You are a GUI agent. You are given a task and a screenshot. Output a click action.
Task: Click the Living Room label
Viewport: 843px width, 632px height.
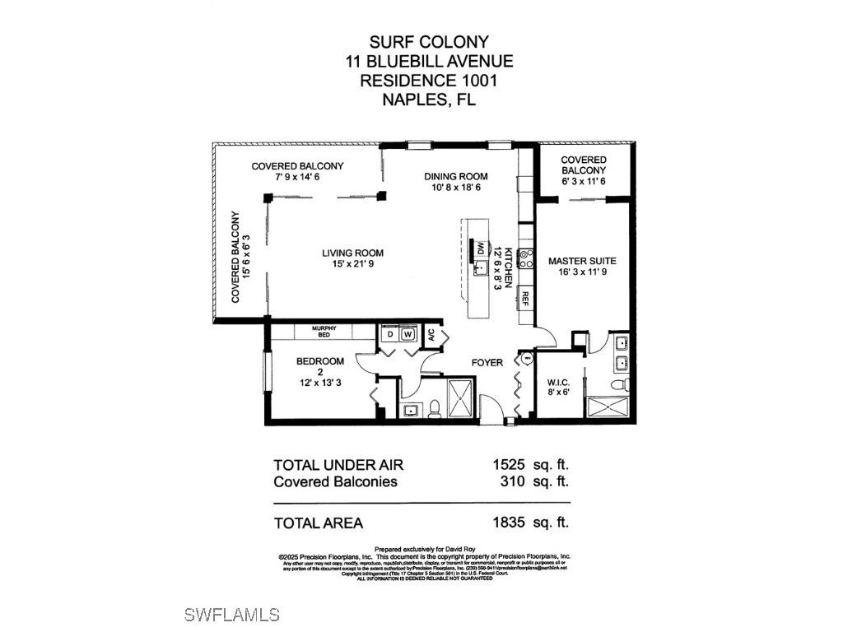click(352, 253)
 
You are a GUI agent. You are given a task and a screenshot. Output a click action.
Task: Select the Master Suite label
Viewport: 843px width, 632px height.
click(582, 261)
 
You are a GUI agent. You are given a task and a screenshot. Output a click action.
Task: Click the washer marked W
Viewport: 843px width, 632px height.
click(406, 335)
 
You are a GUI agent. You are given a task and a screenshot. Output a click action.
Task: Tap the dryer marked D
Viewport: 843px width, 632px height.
click(389, 335)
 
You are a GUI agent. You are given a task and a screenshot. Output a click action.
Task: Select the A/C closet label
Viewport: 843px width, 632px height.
click(429, 335)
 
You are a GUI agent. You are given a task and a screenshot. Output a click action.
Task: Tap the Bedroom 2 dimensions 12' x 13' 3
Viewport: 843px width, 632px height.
click(320, 383)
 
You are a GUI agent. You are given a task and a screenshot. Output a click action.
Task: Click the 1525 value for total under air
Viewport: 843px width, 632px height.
click(509, 464)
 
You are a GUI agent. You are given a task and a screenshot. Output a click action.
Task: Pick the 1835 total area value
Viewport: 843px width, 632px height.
click(509, 522)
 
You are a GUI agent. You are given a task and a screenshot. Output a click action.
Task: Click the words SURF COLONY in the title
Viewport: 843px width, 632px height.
click(428, 41)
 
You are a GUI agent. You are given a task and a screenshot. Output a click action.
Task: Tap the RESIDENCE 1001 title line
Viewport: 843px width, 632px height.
click(428, 81)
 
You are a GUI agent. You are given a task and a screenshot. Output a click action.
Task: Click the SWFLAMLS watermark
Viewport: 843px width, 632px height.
click(232, 615)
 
